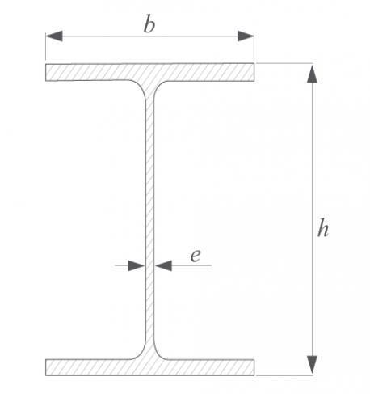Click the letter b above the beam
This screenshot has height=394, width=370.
pos(149,25)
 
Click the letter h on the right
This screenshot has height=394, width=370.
pos(323,228)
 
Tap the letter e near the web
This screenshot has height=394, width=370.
pos(196,256)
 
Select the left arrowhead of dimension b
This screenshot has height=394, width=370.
pos(54,36)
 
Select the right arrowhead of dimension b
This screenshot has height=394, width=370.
pos(246,36)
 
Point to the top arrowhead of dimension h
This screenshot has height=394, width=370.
pos(312,74)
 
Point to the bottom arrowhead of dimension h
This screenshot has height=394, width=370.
pos(312,365)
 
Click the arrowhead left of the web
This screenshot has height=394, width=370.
pos(137,265)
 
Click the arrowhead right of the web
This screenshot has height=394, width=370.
pos(163,265)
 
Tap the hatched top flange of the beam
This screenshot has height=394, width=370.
pos(149,72)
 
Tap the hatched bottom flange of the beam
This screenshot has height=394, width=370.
pos(149,367)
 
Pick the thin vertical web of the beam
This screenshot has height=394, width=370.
pos(150,220)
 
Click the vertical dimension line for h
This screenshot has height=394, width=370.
pos(312,219)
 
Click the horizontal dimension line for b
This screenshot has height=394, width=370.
pos(149,36)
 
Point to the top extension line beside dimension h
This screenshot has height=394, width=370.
pos(284,63)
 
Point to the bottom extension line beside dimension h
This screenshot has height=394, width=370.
pos(284,375)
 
